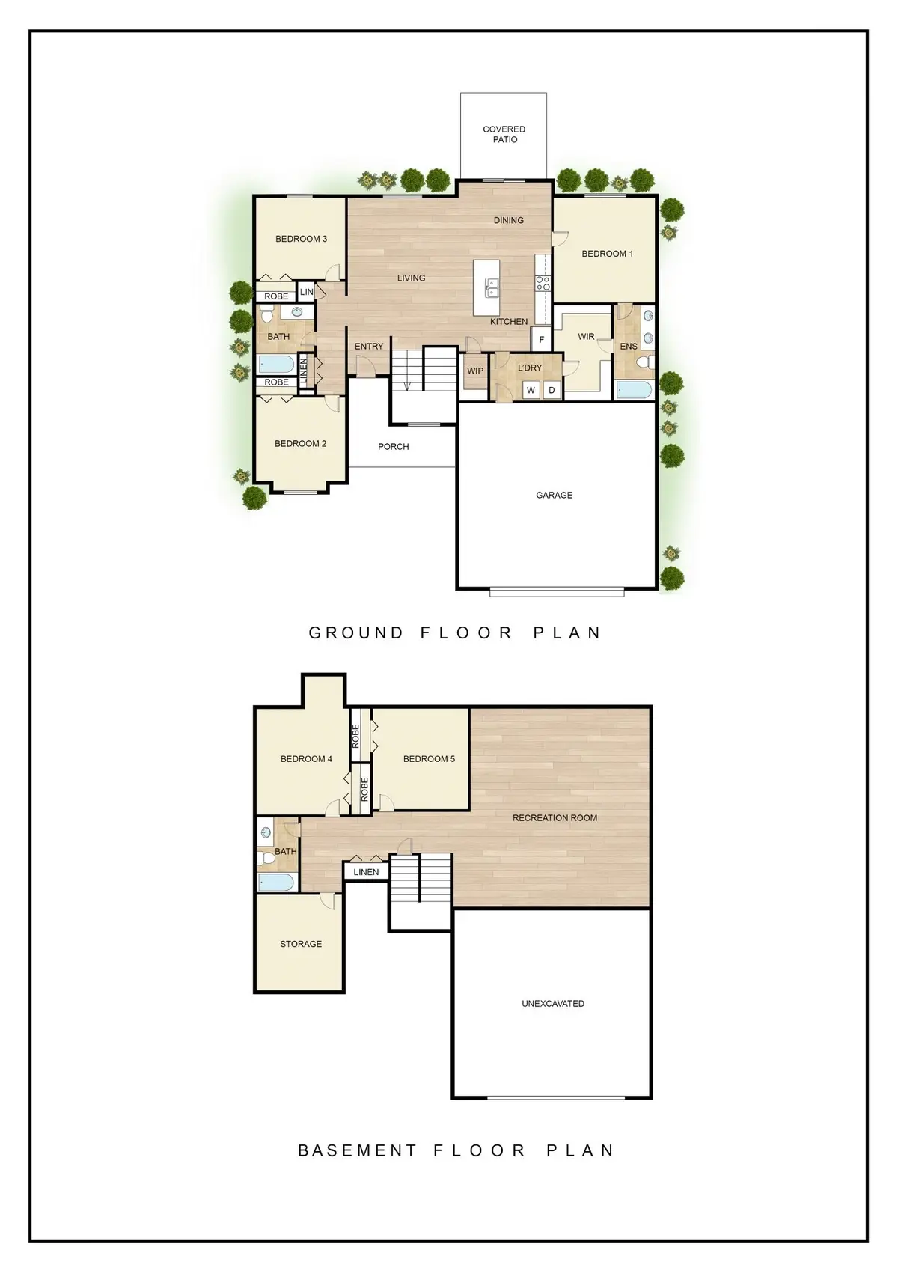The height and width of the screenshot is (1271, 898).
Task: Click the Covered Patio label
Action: pos(504,134)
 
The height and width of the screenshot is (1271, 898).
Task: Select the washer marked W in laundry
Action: pos(531,390)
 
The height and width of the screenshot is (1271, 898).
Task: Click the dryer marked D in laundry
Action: pos(552,390)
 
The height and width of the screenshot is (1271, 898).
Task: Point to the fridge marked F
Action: pos(542,340)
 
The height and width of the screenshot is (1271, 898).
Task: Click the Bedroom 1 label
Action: pos(607,254)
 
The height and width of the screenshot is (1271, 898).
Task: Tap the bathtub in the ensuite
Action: pos(633,389)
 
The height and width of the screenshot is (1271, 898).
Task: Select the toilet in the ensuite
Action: pos(644,363)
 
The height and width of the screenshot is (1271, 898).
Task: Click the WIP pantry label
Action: pos(475,371)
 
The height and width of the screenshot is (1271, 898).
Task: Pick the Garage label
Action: pos(554,495)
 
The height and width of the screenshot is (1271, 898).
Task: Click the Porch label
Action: pos(393,447)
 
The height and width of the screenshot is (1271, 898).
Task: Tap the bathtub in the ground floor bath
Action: pos(276,365)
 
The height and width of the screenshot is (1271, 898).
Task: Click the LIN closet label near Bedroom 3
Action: pos(307,292)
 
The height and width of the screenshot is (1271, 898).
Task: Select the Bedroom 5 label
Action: pos(429,759)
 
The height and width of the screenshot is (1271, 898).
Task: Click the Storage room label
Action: pos(301,944)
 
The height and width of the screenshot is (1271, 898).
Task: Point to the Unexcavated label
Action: pos(553,1004)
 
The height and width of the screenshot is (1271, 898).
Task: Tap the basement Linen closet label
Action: pos(366,872)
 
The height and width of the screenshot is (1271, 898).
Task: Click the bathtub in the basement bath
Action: pos(276,882)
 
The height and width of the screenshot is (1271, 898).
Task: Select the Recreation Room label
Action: pos(555,818)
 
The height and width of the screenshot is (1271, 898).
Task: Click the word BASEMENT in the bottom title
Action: pos(357,1150)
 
